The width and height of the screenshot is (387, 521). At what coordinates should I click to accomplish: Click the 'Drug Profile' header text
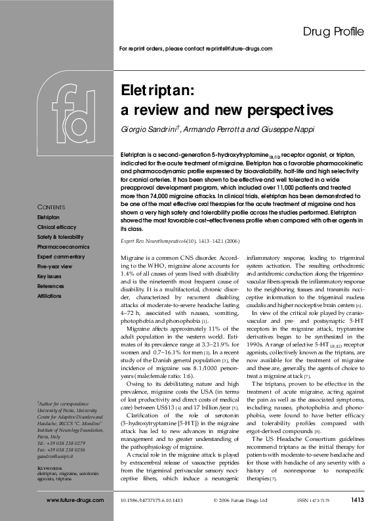(333, 31)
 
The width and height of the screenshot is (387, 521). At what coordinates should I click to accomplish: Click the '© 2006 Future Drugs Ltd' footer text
(241, 500)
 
